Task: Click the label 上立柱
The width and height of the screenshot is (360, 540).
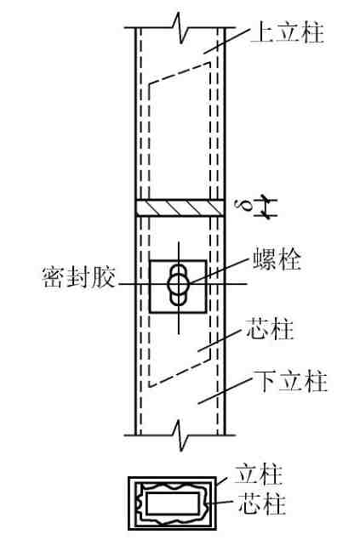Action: [288, 32]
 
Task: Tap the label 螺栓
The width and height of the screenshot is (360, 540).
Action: [277, 259]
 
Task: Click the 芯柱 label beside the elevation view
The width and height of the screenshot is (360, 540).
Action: [270, 329]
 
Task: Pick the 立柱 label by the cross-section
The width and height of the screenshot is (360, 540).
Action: [259, 475]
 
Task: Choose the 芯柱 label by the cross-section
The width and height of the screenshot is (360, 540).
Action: [262, 503]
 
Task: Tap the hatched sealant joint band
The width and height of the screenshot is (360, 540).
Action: [179, 208]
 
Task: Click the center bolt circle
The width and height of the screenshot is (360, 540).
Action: [179, 284]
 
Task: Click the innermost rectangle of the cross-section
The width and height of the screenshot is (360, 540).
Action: [172, 503]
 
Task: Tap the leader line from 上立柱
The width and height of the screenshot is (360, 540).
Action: [226, 41]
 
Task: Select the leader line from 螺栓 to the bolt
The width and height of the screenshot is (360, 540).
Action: [220, 270]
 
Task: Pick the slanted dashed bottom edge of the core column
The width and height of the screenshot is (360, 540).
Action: [179, 372]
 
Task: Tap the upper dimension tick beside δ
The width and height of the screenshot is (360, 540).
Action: [266, 199]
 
